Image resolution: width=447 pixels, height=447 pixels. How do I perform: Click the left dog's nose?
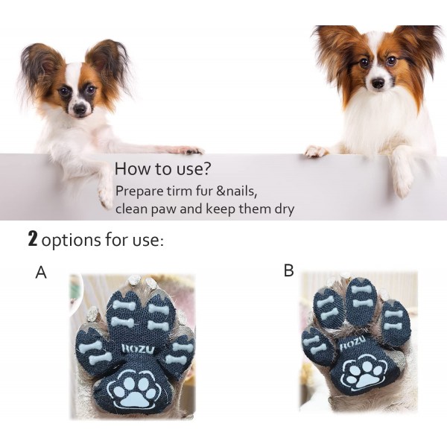click(80, 108)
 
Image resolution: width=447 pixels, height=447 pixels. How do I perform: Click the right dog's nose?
click(378, 83)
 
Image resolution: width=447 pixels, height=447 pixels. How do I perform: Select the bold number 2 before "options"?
click(33, 239)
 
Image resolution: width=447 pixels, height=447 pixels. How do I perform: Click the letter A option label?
click(41, 272)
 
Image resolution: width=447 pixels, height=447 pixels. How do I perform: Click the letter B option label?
click(288, 270)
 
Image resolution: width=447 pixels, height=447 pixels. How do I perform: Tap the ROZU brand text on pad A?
click(138, 349)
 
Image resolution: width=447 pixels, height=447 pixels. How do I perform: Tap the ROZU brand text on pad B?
click(352, 343)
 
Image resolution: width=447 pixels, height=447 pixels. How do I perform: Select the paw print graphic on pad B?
click(364, 372)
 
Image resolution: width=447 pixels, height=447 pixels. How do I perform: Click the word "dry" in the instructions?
click(284, 209)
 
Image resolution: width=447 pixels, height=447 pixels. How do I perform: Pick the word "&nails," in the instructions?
click(237, 191)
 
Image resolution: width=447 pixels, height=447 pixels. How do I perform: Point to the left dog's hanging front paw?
click(106, 197)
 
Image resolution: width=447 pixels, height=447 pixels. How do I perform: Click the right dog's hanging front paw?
click(403, 186)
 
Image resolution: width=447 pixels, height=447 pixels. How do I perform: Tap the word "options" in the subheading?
click(71, 240)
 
